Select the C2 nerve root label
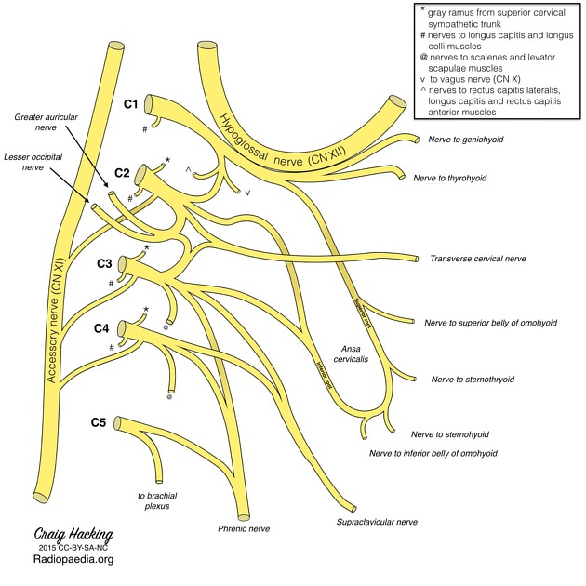pyautogui.click(x=123, y=173)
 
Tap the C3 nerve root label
pyautogui.click(x=106, y=263)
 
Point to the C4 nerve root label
pyautogui.click(x=102, y=327)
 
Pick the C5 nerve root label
pyautogui.click(x=99, y=422)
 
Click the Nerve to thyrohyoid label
pyautogui.click(x=450, y=177)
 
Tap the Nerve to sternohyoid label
pyautogui.click(x=450, y=434)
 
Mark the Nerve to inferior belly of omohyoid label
pyautogui.click(x=433, y=453)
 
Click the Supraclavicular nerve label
pyautogui.click(x=377, y=523)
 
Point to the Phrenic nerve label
pyautogui.click(x=244, y=528)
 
